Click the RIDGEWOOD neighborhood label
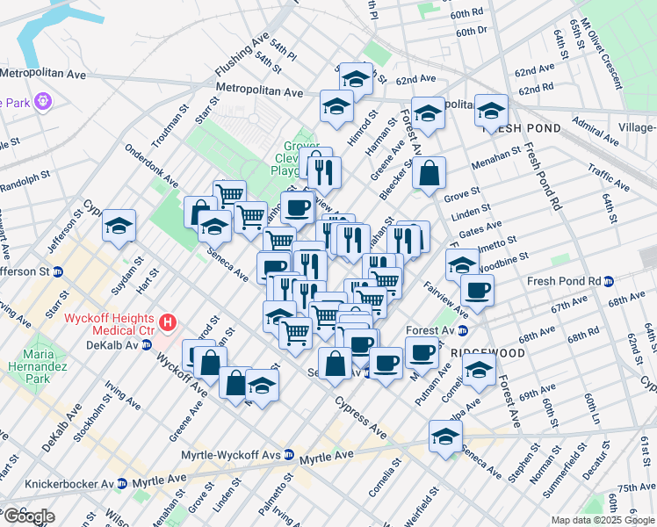tap(487, 352)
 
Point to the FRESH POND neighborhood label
tap(521, 128)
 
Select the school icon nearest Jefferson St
tap(119, 226)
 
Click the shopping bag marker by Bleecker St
tap(428, 173)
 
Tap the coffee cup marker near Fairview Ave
tap(477, 291)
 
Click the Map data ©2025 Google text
tap(603, 520)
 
